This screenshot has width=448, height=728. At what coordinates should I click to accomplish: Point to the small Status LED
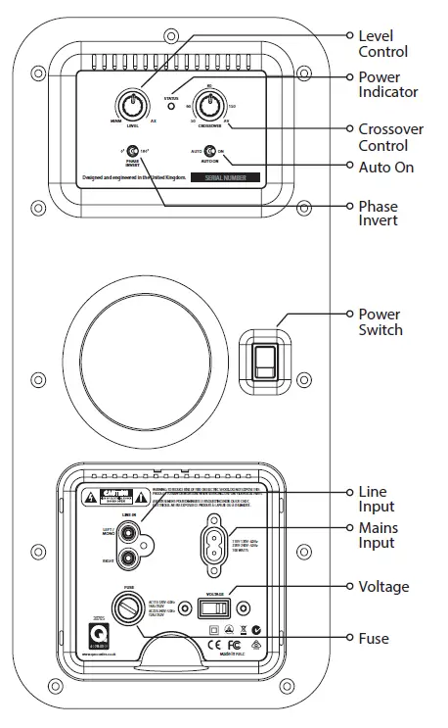172,106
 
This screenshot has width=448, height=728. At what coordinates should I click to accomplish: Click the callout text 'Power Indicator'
387,84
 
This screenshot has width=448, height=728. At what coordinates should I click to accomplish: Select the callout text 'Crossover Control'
388,137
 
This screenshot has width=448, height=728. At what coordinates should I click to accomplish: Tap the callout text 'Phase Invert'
379,213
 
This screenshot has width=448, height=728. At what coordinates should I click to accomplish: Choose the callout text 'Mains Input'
378,536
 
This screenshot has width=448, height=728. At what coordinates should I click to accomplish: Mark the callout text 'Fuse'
374,639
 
